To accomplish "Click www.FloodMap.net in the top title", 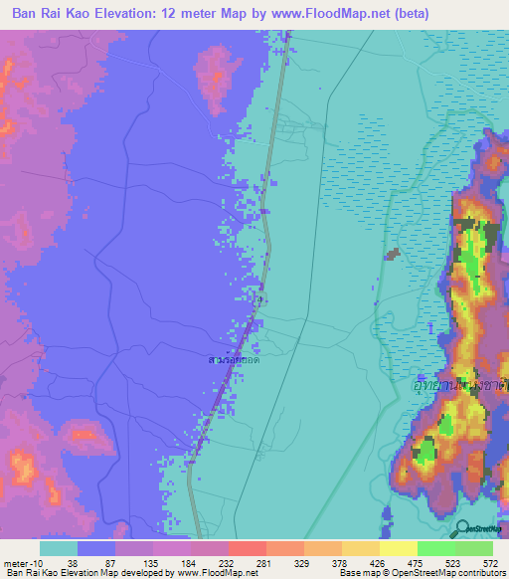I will (x=345, y=14).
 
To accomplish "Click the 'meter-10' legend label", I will (x=22, y=562).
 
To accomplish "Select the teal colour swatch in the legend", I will (x=59, y=548).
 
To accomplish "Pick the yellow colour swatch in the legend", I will (x=398, y=548).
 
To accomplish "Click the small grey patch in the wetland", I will (x=393, y=255).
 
